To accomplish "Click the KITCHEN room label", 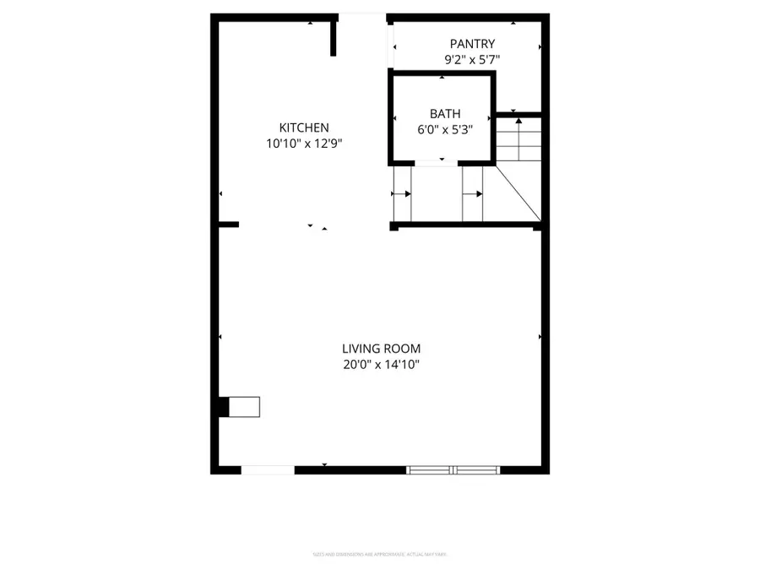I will click(x=304, y=128).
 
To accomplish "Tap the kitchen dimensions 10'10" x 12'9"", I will click(x=304, y=144).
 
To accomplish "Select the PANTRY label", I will click(x=472, y=44).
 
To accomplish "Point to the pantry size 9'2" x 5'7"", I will click(x=472, y=60).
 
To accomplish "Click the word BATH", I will click(x=445, y=113).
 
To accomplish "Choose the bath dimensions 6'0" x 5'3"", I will click(x=445, y=129).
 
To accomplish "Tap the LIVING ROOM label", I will click(x=381, y=348).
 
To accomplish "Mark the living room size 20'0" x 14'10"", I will click(x=381, y=365).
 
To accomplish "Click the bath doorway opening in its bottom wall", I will click(x=437, y=162).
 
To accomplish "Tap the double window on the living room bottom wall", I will click(x=453, y=470).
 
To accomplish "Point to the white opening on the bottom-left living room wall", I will click(x=268, y=470).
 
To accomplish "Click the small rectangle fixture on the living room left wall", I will click(x=246, y=407).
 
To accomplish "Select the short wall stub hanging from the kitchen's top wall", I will click(x=334, y=37).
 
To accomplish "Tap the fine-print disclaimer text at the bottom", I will click(x=379, y=554).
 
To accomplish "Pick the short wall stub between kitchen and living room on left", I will click(x=228, y=225).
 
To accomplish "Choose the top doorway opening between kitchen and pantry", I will click(x=362, y=17).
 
